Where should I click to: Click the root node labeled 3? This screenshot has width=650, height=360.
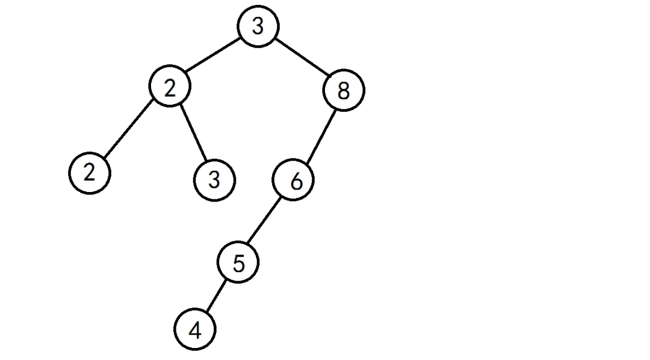pos(258,27)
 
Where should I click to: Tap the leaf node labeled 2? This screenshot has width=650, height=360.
pos(90,173)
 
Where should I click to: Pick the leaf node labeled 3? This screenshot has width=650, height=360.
pos(215,180)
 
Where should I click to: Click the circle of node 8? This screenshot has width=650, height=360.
pos(344,91)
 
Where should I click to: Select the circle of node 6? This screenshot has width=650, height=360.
pos(293,181)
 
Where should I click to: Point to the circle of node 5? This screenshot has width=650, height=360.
pos(238,263)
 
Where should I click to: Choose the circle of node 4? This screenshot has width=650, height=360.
pos(194,330)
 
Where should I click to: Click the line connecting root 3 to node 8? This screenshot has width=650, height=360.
pos(302,59)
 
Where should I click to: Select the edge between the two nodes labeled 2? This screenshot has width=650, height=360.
pos(129,130)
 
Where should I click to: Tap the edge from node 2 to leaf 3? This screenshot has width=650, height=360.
pos(193,134)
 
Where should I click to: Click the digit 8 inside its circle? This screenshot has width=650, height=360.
pos(344,92)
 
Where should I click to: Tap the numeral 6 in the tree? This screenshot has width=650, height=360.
pos(296,181)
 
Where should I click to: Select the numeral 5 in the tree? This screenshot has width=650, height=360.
pos(239,264)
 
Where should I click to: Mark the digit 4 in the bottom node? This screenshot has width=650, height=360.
pos(194,331)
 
